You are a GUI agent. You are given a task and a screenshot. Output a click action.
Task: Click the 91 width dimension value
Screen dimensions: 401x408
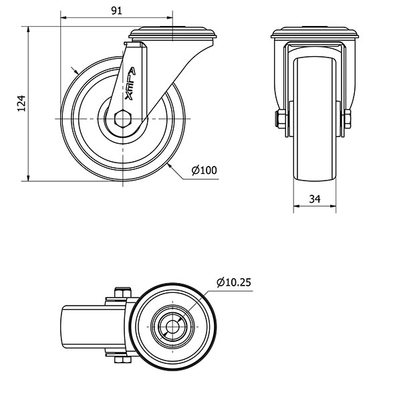(116, 11)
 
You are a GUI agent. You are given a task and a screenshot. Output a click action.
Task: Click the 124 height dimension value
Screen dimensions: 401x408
(21, 104)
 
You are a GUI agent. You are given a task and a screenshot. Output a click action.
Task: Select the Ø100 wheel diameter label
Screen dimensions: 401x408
(204, 170)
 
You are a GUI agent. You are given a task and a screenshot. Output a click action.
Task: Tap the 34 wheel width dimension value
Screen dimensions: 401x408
(315, 199)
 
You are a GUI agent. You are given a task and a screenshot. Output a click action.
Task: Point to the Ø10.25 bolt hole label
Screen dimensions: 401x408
(234, 282)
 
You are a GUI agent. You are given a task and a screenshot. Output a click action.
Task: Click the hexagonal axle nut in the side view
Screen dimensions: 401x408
(123, 119)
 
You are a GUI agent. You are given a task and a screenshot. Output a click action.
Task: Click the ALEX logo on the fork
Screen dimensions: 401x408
(130, 84)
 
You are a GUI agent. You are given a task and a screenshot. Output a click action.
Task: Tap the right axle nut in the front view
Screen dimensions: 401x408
(348, 119)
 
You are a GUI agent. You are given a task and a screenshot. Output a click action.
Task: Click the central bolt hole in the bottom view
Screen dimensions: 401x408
(172, 327)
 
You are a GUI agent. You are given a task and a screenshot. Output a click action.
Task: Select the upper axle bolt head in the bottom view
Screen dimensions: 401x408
(122, 292)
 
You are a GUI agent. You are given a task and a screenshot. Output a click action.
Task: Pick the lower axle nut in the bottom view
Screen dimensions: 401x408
(122, 360)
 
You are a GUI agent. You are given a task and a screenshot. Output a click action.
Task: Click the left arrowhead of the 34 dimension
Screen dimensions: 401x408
(297, 206)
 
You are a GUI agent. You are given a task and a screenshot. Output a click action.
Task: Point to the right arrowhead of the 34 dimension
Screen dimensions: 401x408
(333, 206)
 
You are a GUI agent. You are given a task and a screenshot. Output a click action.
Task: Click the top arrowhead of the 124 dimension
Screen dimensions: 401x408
(28, 29)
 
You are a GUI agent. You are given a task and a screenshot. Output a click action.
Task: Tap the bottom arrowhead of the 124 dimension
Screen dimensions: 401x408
(28, 178)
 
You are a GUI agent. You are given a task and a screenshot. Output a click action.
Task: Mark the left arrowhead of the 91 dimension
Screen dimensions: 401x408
(63, 17)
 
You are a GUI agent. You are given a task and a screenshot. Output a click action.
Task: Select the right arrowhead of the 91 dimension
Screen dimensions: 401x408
(169, 17)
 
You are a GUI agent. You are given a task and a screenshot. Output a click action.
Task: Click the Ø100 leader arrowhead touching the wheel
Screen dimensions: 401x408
(170, 166)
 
